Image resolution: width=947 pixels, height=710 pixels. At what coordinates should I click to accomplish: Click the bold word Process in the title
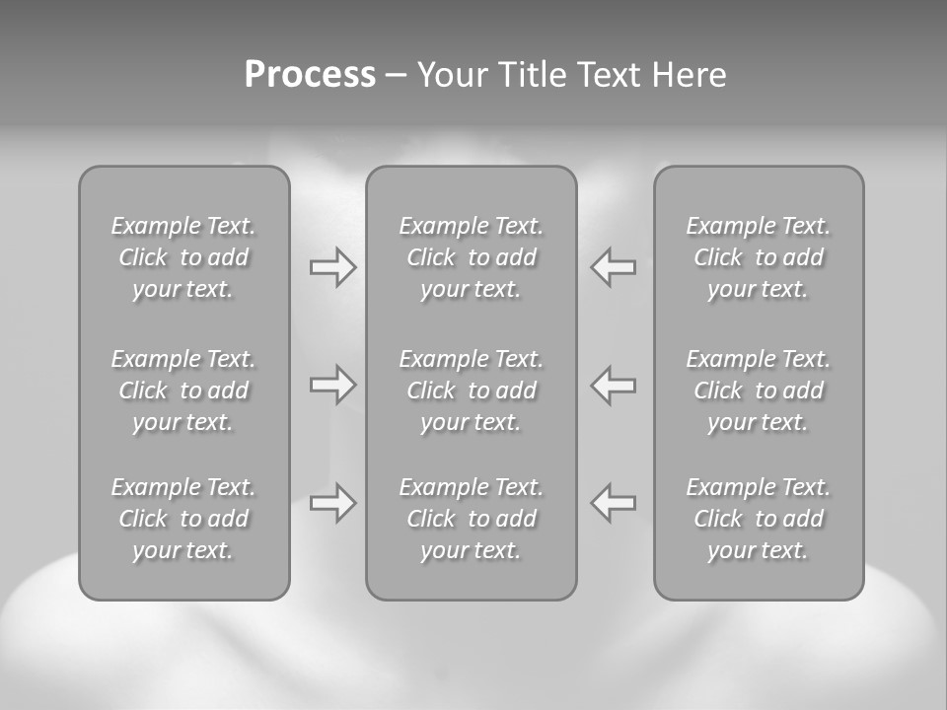click(x=310, y=75)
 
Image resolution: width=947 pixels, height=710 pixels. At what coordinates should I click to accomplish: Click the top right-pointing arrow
click(x=333, y=267)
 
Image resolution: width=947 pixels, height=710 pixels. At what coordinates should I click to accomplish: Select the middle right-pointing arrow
click(x=333, y=385)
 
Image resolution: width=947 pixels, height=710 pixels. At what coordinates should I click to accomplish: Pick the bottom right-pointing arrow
click(x=333, y=503)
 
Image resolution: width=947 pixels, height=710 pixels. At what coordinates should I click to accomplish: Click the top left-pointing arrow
click(x=613, y=267)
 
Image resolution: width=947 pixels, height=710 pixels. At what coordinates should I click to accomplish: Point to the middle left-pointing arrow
click(x=613, y=385)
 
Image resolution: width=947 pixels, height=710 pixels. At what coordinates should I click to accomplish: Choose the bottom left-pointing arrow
click(x=613, y=503)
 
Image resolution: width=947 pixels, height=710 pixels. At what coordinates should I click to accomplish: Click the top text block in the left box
click(x=183, y=257)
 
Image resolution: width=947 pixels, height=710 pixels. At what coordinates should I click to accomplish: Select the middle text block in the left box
click(x=183, y=390)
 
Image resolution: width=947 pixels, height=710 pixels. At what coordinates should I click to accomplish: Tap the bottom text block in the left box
click(x=183, y=519)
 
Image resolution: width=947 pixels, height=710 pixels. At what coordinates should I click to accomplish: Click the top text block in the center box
click(x=471, y=257)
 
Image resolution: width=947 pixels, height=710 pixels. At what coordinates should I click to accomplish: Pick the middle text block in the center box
click(x=471, y=390)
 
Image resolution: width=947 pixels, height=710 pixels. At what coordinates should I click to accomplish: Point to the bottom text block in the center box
click(x=471, y=519)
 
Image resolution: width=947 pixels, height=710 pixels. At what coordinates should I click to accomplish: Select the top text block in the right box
click(x=758, y=257)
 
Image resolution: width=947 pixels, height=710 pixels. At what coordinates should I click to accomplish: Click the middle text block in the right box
click(x=758, y=390)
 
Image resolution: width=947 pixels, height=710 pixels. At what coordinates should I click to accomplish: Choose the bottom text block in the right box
click(x=758, y=519)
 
